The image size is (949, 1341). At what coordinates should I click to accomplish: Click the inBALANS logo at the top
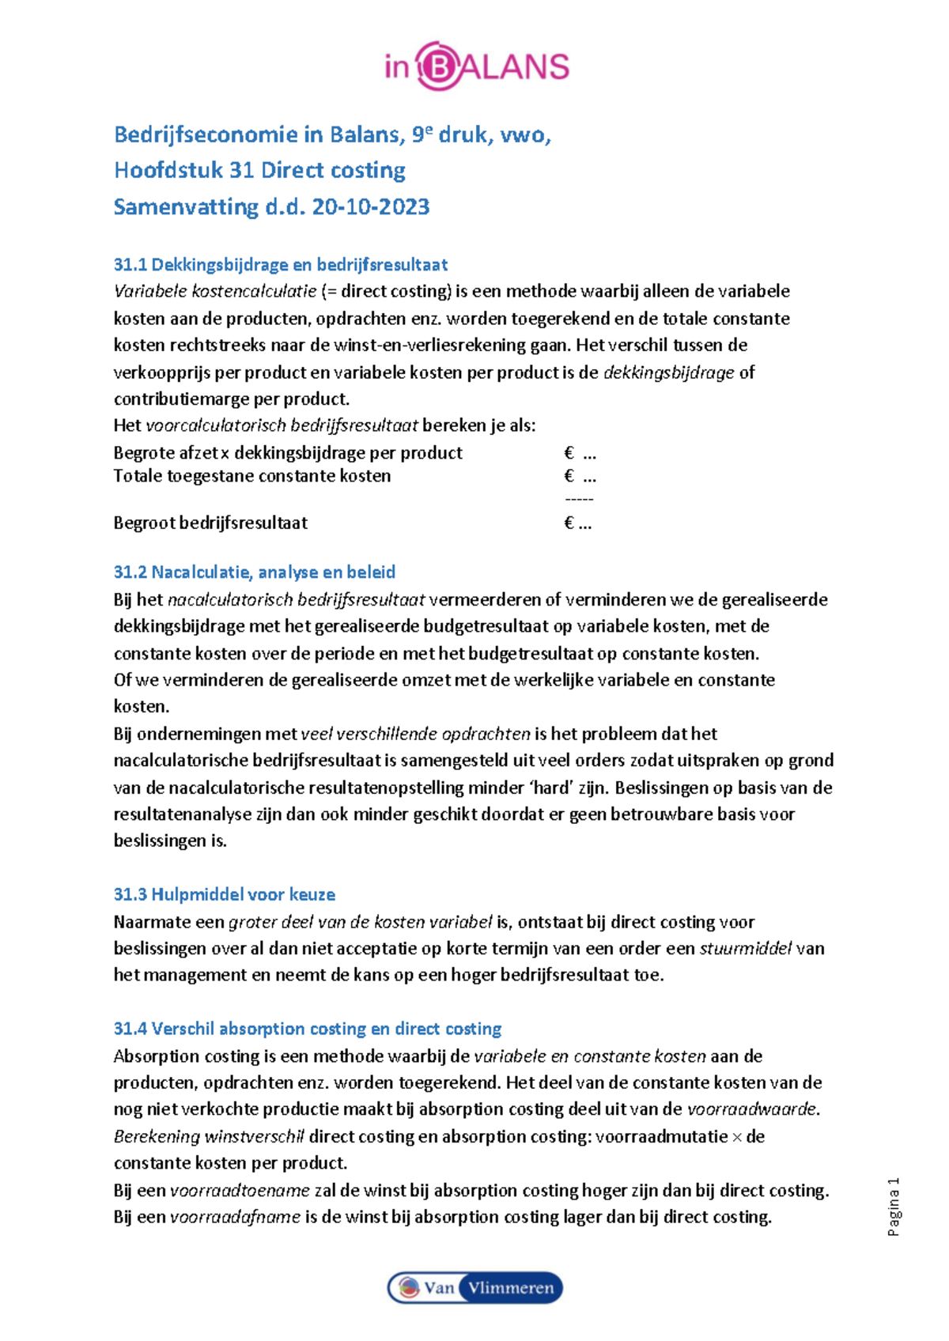tap(477, 66)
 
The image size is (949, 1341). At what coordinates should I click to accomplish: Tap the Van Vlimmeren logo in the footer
tap(475, 1287)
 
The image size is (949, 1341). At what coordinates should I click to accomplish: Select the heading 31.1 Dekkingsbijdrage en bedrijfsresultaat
tap(281, 264)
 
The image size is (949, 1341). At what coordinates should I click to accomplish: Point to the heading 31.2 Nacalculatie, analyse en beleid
tap(255, 572)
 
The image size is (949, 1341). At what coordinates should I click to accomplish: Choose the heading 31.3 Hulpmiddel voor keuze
tap(225, 894)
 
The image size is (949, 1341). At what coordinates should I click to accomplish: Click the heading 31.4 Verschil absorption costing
tap(308, 1029)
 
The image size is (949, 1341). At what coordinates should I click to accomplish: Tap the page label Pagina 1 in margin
tap(894, 1207)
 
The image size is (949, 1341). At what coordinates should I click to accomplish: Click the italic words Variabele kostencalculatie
tap(215, 291)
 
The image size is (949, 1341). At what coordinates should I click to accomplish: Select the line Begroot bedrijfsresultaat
tap(210, 523)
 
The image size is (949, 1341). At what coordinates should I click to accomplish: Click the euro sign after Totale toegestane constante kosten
tap(569, 476)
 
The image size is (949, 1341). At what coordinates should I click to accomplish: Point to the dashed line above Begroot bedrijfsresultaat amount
tap(579, 499)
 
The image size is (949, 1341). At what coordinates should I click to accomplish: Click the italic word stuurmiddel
tap(746, 948)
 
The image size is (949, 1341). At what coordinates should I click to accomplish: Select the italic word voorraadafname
tap(236, 1217)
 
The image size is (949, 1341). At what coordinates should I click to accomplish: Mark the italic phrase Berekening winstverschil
tap(209, 1136)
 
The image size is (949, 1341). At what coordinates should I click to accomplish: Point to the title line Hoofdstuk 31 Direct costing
tap(259, 170)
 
